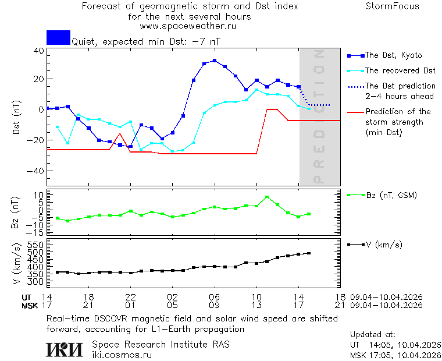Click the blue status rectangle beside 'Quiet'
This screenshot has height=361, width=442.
(58, 38)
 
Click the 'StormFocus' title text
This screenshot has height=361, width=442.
(392, 6)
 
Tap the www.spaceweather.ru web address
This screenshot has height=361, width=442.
(188, 26)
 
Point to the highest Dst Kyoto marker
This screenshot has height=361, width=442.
(215, 61)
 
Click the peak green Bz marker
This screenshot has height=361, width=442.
(267, 197)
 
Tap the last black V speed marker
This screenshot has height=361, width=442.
(309, 253)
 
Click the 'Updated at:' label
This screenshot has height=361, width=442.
(373, 335)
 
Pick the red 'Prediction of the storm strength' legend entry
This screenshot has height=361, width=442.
(398, 122)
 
